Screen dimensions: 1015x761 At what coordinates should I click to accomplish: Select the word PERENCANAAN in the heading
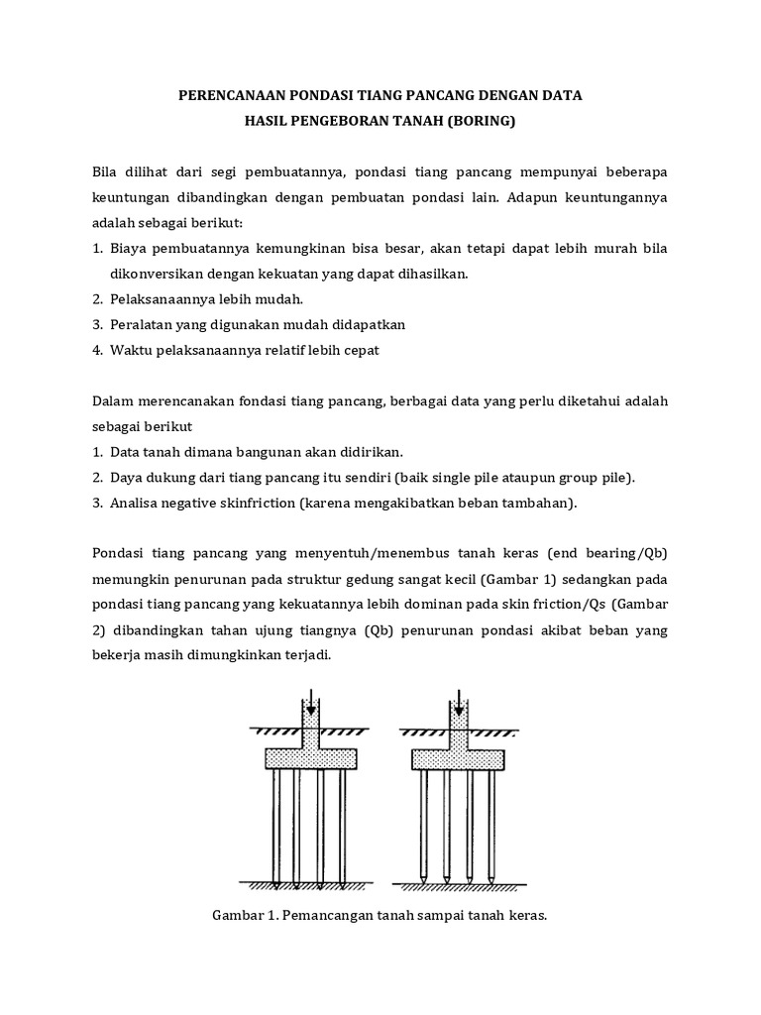229,96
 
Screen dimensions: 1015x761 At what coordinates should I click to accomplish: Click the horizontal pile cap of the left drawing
310,758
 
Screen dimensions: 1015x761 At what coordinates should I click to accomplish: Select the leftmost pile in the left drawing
276,823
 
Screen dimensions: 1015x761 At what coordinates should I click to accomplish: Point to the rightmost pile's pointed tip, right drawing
490,878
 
